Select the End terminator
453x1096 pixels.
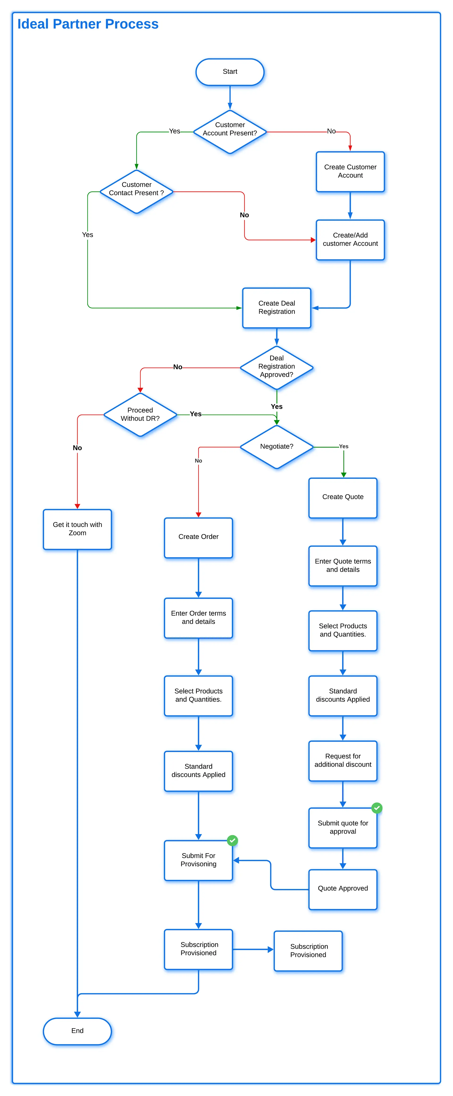tap(77, 1031)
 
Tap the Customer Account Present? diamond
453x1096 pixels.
tap(230, 132)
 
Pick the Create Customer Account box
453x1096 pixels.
tap(350, 171)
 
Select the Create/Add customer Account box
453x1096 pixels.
tap(350, 240)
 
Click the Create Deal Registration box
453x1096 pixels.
tap(277, 308)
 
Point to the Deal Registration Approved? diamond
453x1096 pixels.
tap(277, 367)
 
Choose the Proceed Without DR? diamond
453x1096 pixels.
tap(140, 414)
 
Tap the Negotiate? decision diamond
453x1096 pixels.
tap(277, 447)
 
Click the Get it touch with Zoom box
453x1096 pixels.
tap(77, 529)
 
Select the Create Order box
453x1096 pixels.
tap(198, 537)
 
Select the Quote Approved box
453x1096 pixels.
tap(343, 889)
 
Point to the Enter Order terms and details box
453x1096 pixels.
tap(198, 618)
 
